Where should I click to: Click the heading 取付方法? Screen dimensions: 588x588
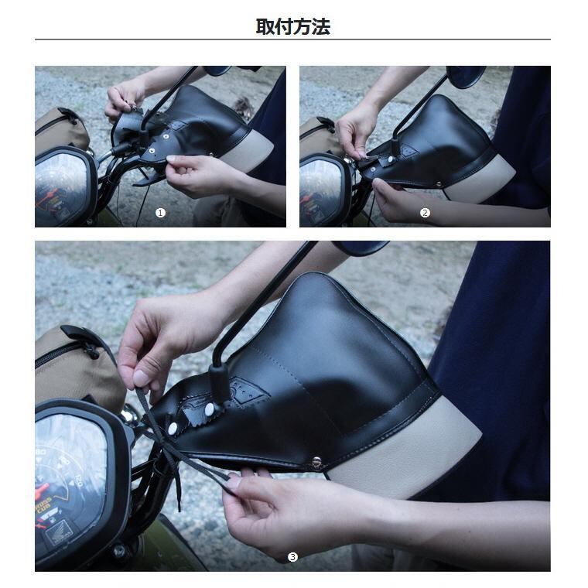(292, 27)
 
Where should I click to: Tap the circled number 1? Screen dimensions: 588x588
(160, 213)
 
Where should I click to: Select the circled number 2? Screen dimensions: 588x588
(425, 213)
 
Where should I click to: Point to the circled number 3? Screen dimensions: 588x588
(292, 557)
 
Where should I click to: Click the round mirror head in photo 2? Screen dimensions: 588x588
(465, 76)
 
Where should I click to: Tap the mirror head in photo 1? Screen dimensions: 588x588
(217, 70)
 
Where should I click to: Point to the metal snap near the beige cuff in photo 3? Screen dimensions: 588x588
(316, 462)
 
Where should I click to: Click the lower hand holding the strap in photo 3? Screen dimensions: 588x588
(286, 511)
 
